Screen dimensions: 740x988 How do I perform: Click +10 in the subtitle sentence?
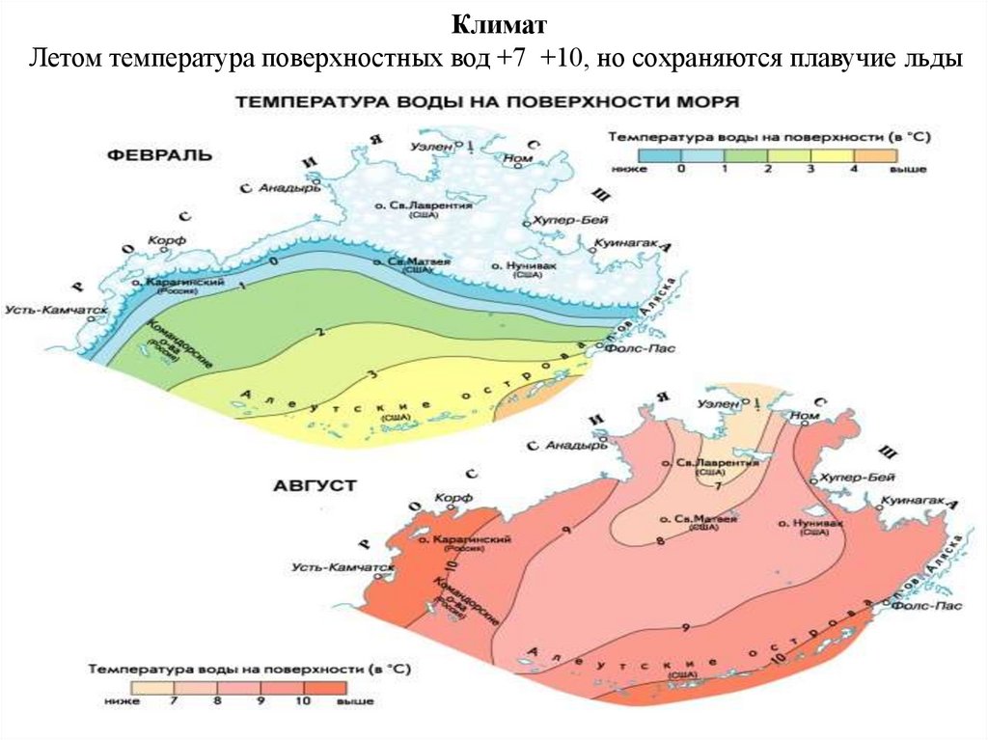click(563, 60)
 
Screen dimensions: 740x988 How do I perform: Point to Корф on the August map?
click(452, 497)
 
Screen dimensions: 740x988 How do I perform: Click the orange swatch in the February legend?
click(878, 154)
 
